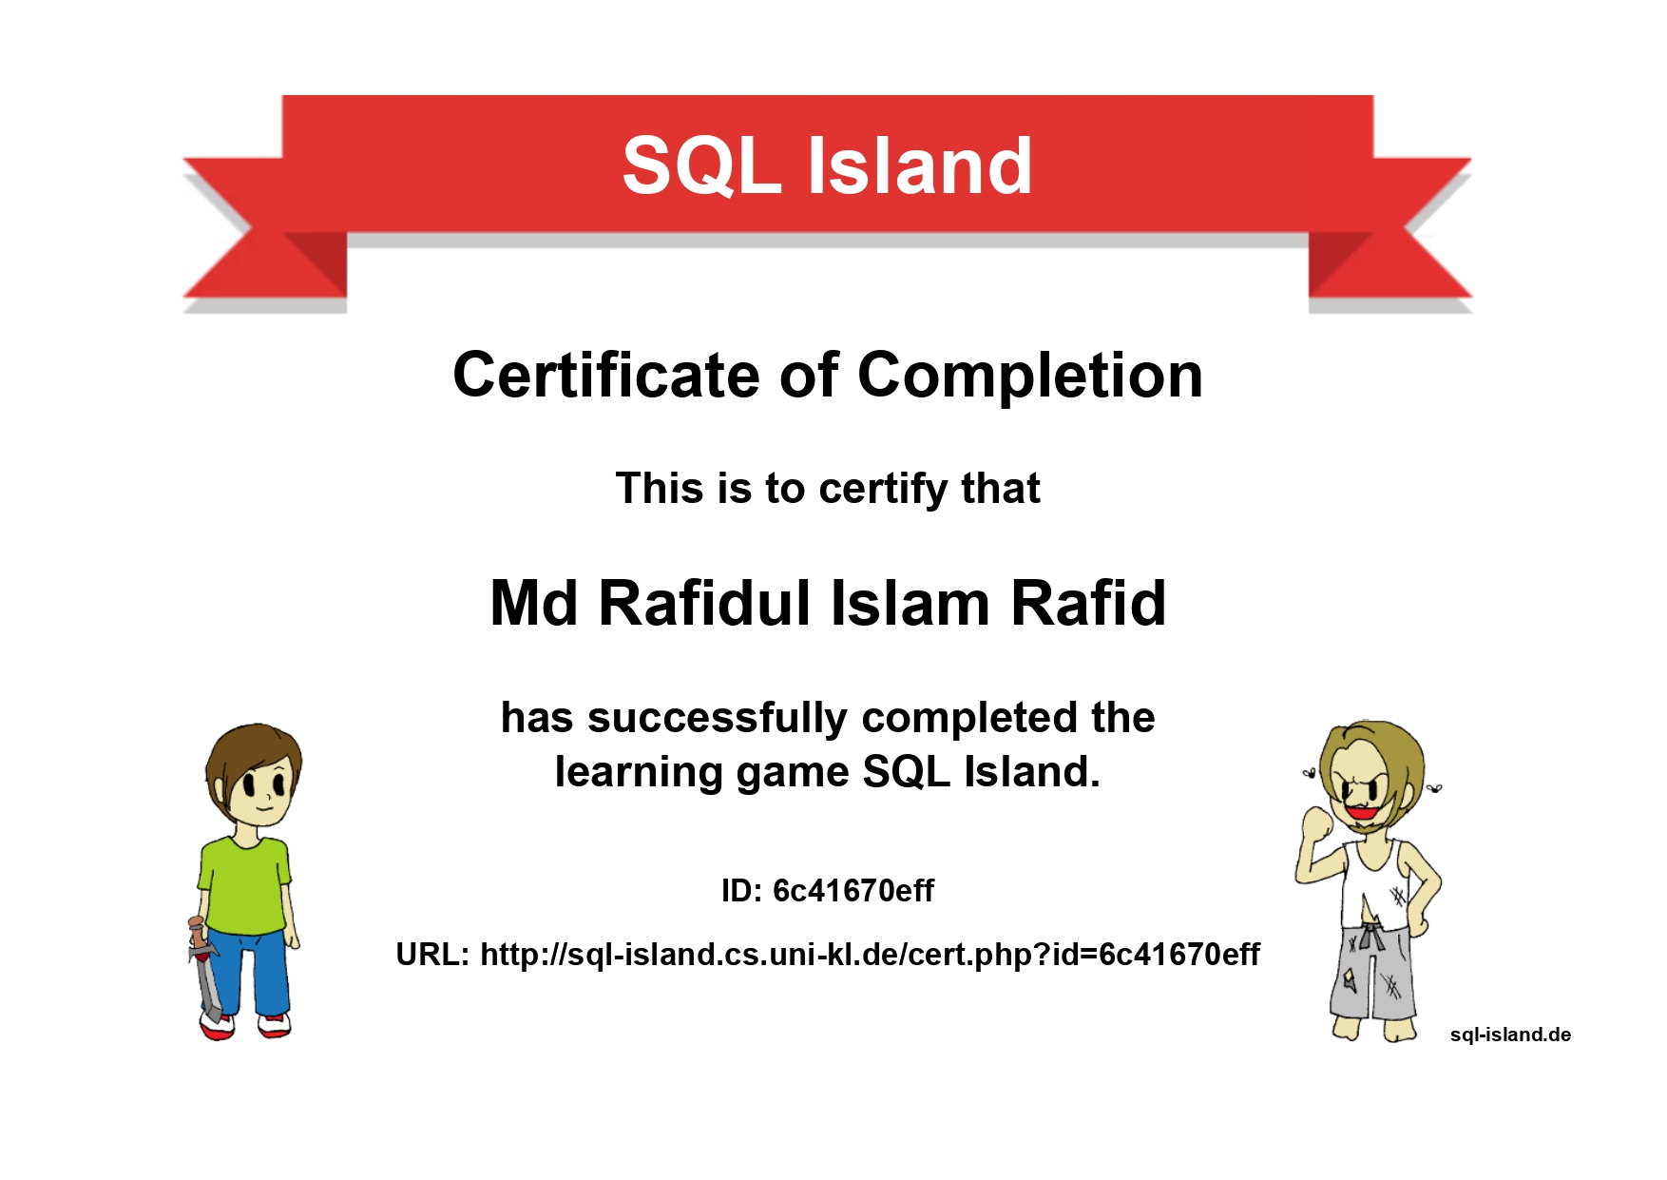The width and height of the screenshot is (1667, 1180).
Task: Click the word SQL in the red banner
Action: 702,165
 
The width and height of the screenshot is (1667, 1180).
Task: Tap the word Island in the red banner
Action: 920,165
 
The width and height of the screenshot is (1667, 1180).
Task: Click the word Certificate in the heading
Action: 605,375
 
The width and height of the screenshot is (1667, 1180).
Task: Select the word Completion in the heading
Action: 1030,377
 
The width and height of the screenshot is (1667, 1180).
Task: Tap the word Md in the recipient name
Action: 533,603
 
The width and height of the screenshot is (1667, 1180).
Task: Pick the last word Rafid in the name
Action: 1088,603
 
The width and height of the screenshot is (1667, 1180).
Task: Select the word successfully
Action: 717,719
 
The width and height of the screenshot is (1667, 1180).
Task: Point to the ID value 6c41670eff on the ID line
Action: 853,891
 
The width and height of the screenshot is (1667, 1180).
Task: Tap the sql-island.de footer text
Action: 1510,1035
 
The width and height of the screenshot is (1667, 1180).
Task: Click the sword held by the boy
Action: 203,970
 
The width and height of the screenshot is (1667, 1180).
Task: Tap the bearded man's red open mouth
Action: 1362,812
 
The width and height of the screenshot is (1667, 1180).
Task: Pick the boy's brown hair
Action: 253,756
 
